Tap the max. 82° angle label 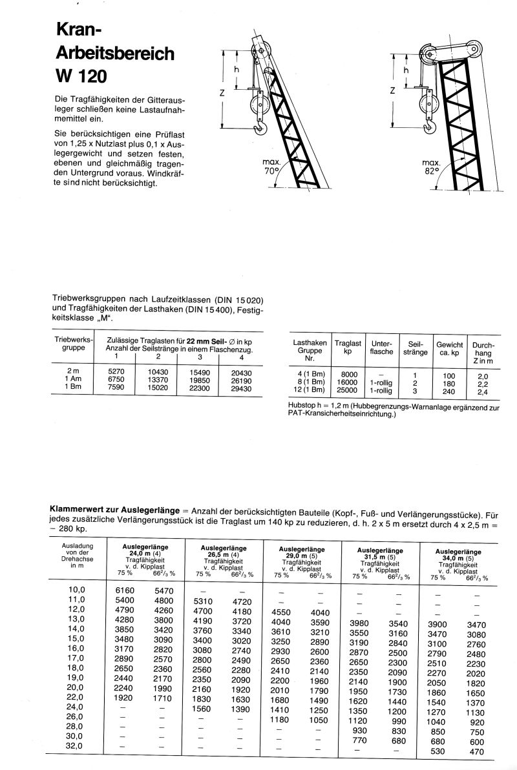430,167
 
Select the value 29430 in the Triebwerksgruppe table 241,390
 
